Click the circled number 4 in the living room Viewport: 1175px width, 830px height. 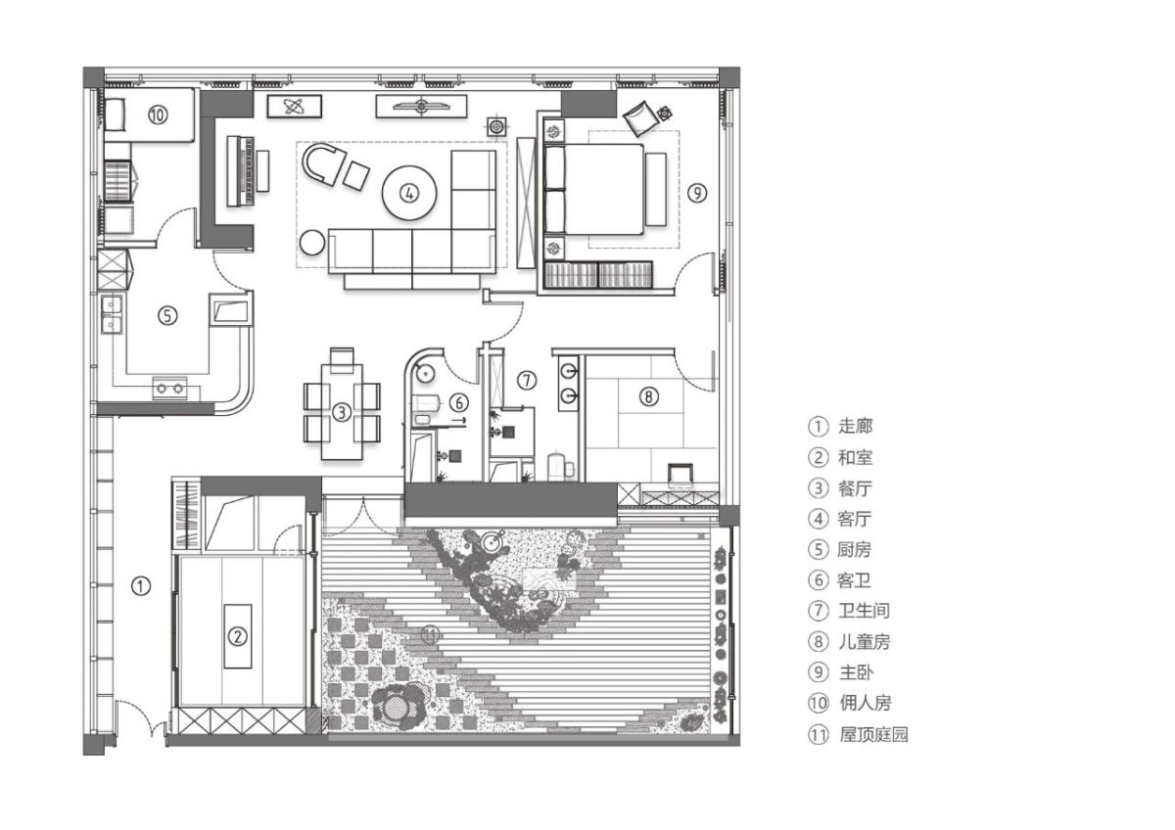tap(409, 194)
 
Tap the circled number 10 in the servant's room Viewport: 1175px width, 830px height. tap(158, 115)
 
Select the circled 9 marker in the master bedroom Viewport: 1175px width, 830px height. tap(697, 193)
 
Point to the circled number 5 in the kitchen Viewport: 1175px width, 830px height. tap(167, 315)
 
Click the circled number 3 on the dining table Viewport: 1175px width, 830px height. tap(342, 412)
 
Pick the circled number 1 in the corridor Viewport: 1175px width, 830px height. tap(141, 585)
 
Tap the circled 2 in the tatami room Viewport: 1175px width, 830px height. tap(237, 636)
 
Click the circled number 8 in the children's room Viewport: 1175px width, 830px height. tap(648, 396)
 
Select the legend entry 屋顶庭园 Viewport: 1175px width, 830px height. tap(873, 734)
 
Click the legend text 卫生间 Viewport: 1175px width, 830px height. tap(864, 611)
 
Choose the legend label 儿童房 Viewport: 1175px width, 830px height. tap(864, 641)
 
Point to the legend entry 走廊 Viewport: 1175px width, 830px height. tap(855, 427)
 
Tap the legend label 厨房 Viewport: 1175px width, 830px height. tap(855, 549)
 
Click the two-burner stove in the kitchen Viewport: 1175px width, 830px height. tap(170, 388)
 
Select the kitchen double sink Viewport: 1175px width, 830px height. tap(112, 314)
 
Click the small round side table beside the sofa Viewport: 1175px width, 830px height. tap(312, 243)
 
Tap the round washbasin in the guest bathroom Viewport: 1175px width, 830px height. tap(425, 374)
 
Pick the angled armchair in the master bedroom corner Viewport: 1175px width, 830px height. tap(641, 118)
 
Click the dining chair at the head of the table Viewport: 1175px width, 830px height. tap(342, 359)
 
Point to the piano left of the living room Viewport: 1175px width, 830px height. tap(240, 171)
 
